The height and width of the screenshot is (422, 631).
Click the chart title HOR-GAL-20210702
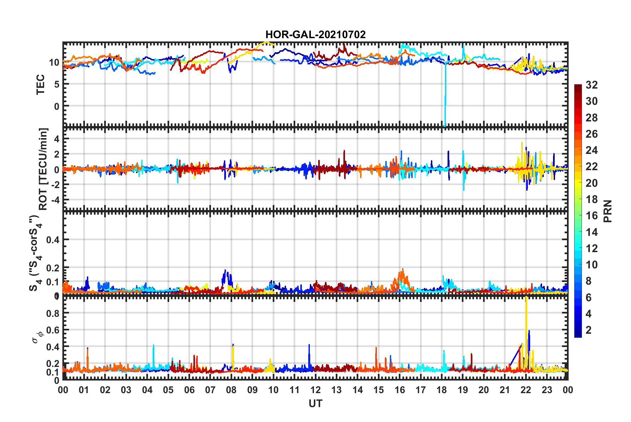(315, 35)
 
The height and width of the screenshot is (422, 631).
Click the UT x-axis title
(315, 403)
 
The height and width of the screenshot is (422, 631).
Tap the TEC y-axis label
(40, 85)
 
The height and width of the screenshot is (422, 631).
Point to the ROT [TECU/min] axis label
(43, 169)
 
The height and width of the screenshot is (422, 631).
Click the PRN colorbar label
(608, 211)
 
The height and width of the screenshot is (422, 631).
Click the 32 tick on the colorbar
(592, 85)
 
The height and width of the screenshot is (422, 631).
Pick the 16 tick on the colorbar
(592, 216)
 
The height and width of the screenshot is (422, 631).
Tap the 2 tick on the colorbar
(589, 330)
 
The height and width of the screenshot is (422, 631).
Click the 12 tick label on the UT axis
(315, 390)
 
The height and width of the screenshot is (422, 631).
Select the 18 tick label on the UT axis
(442, 390)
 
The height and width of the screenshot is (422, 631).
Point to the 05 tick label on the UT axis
(168, 390)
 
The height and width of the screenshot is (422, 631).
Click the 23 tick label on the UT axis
(547, 390)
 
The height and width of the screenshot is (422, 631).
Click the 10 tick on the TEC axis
(54, 62)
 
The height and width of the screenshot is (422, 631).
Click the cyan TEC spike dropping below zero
(445, 100)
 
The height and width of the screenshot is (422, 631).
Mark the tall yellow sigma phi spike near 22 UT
(526, 318)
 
